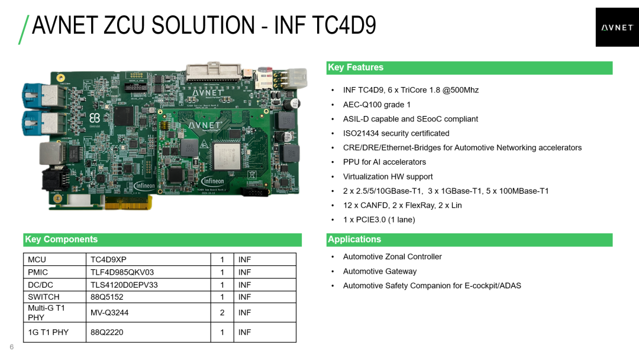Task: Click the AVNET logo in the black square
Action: click(617, 28)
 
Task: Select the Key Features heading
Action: click(356, 67)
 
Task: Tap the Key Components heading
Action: click(61, 239)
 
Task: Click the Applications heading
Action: click(354, 239)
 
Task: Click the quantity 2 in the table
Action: click(222, 313)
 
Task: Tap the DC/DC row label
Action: click(40, 285)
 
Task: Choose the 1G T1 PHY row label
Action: click(48, 332)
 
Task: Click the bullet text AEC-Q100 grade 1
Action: click(376, 105)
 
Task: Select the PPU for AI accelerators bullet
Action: click(385, 162)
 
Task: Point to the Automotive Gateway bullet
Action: click(380, 271)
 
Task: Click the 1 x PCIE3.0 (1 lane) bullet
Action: click(379, 220)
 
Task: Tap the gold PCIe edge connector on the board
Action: click(128, 202)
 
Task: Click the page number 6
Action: click(11, 347)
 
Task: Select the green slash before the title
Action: click(24, 30)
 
